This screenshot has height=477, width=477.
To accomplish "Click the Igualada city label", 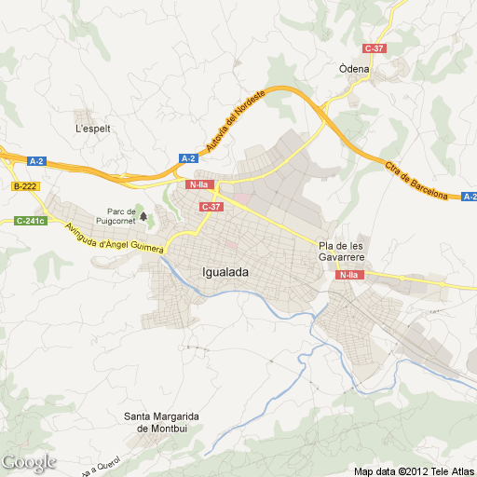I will (225, 272).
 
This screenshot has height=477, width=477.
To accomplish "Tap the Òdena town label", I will (354, 68).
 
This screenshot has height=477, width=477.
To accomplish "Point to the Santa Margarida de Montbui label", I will (164, 422).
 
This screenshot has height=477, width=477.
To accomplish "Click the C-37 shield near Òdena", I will (375, 48).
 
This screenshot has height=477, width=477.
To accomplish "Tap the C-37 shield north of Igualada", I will (211, 206).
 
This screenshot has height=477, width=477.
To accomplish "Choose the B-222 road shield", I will (25, 186).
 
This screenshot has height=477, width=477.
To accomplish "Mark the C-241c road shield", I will (31, 221).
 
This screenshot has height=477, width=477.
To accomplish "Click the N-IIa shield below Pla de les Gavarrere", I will (349, 275).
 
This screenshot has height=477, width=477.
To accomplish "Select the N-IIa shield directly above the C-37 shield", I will (198, 184).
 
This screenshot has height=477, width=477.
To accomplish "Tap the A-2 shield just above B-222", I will (36, 161).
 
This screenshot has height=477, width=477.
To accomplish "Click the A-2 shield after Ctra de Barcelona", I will (469, 197).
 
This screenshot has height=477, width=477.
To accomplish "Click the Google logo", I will (29, 461).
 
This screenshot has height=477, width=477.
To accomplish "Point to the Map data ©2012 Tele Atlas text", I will (413, 470).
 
